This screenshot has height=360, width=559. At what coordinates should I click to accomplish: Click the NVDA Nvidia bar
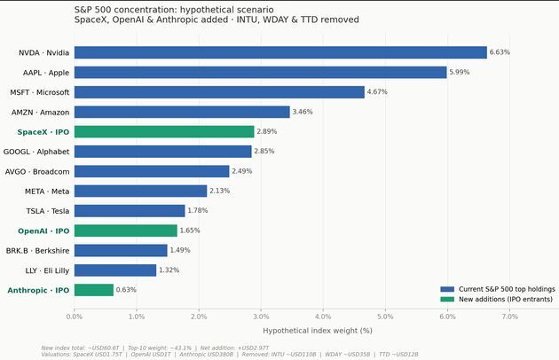280,52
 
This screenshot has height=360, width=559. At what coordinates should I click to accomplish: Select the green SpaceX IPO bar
164,131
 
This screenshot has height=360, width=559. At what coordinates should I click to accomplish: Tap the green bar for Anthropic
94,290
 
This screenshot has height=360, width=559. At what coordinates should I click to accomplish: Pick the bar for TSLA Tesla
130,211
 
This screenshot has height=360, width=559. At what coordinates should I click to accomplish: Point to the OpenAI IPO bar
126,231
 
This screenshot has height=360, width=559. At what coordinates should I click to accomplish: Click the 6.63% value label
500,52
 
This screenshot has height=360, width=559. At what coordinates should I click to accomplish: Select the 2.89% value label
266,131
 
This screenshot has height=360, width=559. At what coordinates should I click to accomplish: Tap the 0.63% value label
126,290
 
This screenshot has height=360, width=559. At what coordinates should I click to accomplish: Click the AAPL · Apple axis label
47,73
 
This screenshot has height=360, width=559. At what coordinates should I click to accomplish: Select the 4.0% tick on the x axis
323,316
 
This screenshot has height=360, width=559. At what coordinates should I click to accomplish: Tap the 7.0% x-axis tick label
509,316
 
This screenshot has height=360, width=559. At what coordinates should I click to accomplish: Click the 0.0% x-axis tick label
75,316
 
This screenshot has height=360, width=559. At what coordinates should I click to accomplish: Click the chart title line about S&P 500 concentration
168,9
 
